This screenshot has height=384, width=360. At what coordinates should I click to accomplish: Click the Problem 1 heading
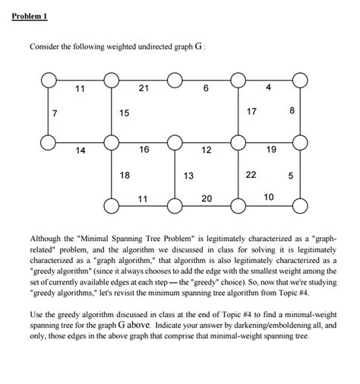pyautogui.click(x=31, y=17)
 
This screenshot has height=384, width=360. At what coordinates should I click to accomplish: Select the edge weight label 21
pyautogui.click(x=144, y=89)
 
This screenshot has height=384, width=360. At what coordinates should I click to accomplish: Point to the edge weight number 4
pyautogui.click(x=268, y=89)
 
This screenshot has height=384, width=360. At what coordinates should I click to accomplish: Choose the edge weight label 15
pyautogui.click(x=125, y=113)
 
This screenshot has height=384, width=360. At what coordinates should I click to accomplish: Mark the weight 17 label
pyautogui.click(x=253, y=113)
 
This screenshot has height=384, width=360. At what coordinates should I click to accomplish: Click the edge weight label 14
pyautogui.click(x=81, y=151)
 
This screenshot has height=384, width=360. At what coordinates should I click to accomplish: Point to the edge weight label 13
pyautogui.click(x=188, y=176)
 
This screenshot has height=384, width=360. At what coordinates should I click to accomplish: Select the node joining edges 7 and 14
pyautogui.click(x=48, y=141)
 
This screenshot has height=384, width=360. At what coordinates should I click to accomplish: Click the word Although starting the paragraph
pyautogui.click(x=51, y=238)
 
